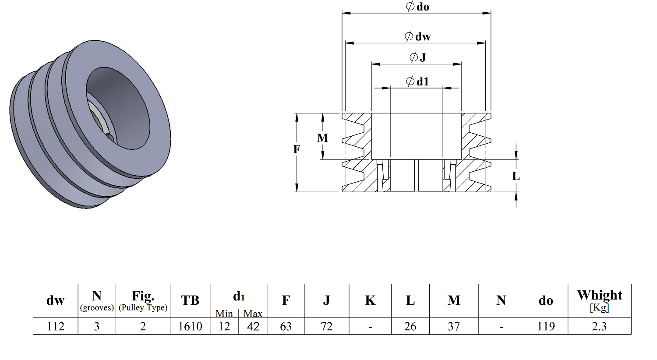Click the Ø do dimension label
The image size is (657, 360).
tap(418, 7)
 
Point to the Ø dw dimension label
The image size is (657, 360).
tap(418, 36)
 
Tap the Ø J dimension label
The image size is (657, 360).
tap(418, 57)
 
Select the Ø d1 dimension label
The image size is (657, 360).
tap(418, 81)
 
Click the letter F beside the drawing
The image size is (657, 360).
tap(297, 149)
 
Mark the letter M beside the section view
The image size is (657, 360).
tap(322, 138)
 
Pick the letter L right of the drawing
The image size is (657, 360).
tap(516, 176)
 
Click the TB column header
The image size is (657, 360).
tap(190, 300)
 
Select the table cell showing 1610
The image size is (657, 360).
tap(190, 326)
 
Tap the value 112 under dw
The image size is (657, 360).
tap(56, 326)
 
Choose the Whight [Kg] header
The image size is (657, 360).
tap(600, 300)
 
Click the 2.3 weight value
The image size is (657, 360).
tap(599, 326)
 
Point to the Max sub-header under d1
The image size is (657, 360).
tap(253, 314)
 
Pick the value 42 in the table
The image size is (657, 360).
tap(253, 326)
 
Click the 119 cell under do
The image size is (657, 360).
tap(546, 326)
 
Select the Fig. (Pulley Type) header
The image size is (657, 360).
tap(143, 300)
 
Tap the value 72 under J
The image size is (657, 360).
tap(326, 326)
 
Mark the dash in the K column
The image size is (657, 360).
tap(370, 327)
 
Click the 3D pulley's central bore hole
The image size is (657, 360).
tap(118, 109)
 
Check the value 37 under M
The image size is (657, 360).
tap(454, 326)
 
